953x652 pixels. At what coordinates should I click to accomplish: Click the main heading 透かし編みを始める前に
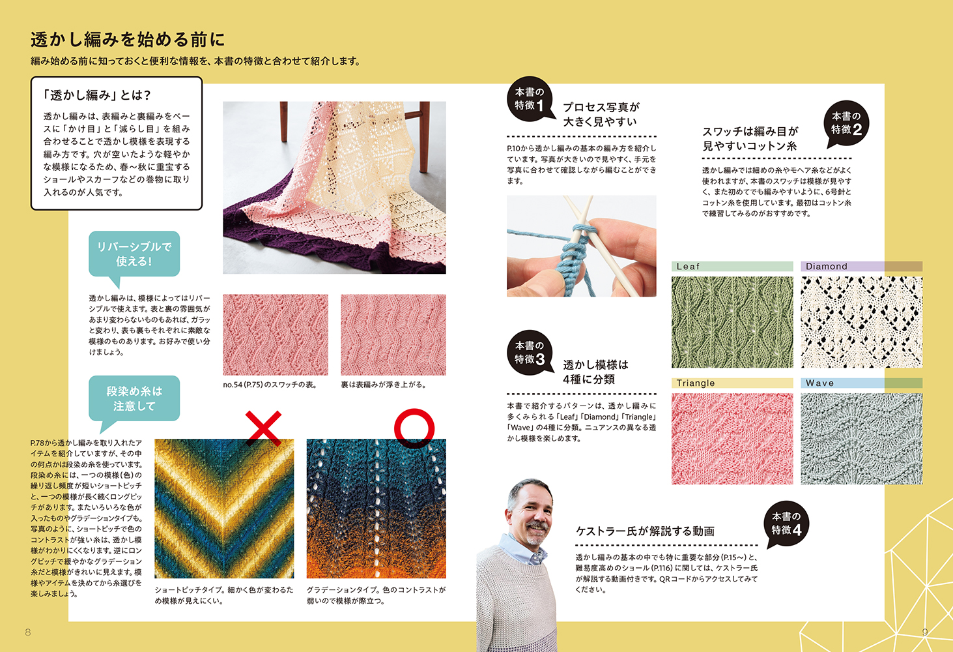coord(128,40)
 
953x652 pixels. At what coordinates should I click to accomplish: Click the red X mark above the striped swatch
coord(263,428)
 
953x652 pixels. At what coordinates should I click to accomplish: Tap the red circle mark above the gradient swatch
coord(414,428)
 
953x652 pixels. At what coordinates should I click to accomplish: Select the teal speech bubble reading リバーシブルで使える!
coord(134,254)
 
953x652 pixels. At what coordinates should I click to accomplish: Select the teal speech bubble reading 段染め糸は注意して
coord(134,398)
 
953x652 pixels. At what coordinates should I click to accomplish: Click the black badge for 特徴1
coord(529,99)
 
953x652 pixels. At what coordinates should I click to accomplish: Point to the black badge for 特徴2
coord(846,123)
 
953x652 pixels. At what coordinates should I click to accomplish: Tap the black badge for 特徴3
coord(529,353)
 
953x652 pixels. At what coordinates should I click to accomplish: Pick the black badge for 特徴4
coord(786,524)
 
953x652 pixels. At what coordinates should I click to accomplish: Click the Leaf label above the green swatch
coord(689,267)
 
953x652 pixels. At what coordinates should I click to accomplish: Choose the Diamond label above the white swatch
coord(827,267)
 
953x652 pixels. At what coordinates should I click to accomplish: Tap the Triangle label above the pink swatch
coord(696,383)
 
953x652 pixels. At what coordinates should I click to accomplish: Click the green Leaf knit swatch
coord(732,322)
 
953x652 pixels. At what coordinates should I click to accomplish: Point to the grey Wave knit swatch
coord(861,438)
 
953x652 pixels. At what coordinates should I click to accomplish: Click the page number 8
coord(28,632)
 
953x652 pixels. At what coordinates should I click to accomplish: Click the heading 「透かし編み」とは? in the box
coord(97,95)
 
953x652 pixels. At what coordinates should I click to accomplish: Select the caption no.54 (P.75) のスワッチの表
coord(270,385)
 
